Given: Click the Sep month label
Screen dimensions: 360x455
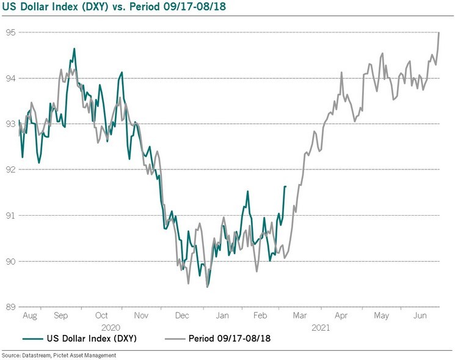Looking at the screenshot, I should (x=61, y=316).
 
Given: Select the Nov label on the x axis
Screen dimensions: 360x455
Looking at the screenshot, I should (x=141, y=316).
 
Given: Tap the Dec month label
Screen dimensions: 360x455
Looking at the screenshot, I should (x=182, y=316).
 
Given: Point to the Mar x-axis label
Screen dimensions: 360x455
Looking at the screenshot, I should (x=300, y=316).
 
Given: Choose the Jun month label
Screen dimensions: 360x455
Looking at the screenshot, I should (x=421, y=316).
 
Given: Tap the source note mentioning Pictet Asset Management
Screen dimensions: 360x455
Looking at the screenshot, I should (x=58, y=355).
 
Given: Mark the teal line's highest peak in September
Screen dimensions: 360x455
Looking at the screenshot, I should (x=74, y=48).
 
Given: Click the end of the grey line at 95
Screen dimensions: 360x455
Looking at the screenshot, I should (x=439, y=32).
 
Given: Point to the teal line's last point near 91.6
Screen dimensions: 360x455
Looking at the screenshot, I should (x=285, y=186).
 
